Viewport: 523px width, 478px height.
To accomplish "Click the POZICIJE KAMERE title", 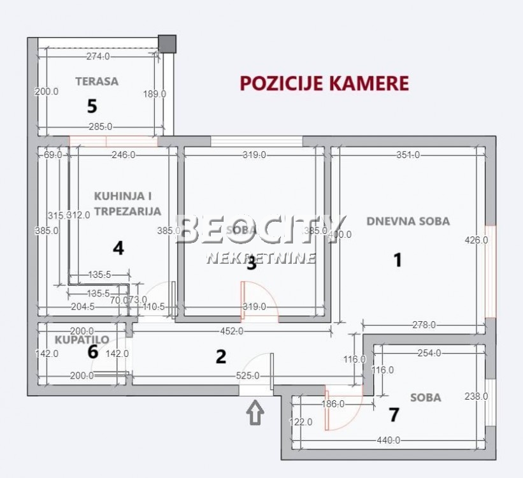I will [324, 83].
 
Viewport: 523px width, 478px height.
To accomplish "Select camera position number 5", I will [92, 105].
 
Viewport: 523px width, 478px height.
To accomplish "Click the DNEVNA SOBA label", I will [408, 221].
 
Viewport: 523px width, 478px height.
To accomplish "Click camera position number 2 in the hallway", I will [220, 356].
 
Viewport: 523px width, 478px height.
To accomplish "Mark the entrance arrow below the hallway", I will [255, 412].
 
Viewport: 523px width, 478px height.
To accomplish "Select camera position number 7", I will [394, 415].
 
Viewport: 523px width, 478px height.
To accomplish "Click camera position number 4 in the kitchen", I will [118, 248].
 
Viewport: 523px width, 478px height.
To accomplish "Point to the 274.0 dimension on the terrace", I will [97, 56].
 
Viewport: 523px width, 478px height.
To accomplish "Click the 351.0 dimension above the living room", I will [408, 154].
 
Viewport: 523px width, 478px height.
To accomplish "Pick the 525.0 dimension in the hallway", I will [248, 376].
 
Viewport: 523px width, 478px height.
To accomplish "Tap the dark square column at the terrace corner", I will [168, 43].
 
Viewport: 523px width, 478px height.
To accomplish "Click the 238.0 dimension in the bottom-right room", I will [476, 396].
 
